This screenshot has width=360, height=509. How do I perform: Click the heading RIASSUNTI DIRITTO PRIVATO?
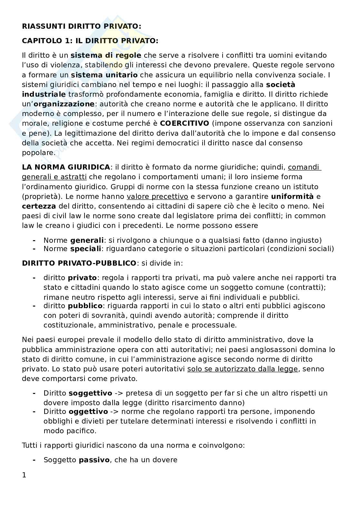pyautogui.click(x=81, y=27)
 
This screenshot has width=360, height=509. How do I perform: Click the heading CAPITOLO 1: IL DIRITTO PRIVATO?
pyautogui.click(x=90, y=41)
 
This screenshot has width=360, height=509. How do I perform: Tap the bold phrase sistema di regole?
pyautogui.click(x=106, y=55)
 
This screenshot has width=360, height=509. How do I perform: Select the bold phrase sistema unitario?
pyautogui.click(x=104, y=75)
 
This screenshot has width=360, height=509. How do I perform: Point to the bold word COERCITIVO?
pyautogui.click(x=185, y=123)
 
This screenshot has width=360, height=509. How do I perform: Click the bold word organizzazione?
pyautogui.click(x=64, y=104)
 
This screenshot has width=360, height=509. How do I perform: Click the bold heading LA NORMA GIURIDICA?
pyautogui.click(x=66, y=167)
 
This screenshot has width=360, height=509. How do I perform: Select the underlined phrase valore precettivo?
pyautogui.click(x=157, y=197)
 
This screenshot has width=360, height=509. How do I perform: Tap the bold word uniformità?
pyautogui.click(x=292, y=197)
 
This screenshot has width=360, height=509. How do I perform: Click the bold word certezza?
pyautogui.click(x=39, y=206)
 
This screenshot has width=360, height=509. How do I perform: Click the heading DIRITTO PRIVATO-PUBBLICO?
pyautogui.click(x=79, y=263)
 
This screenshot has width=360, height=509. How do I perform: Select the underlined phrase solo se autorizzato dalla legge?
pyautogui.click(x=242, y=369)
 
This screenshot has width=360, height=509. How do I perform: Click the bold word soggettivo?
pyautogui.click(x=90, y=393)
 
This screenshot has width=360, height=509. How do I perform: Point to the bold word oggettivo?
pyautogui.click(x=88, y=412)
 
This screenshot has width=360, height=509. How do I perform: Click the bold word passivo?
pyautogui.click(x=94, y=460)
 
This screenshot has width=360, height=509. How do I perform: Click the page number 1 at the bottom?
pyautogui.click(x=24, y=475)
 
